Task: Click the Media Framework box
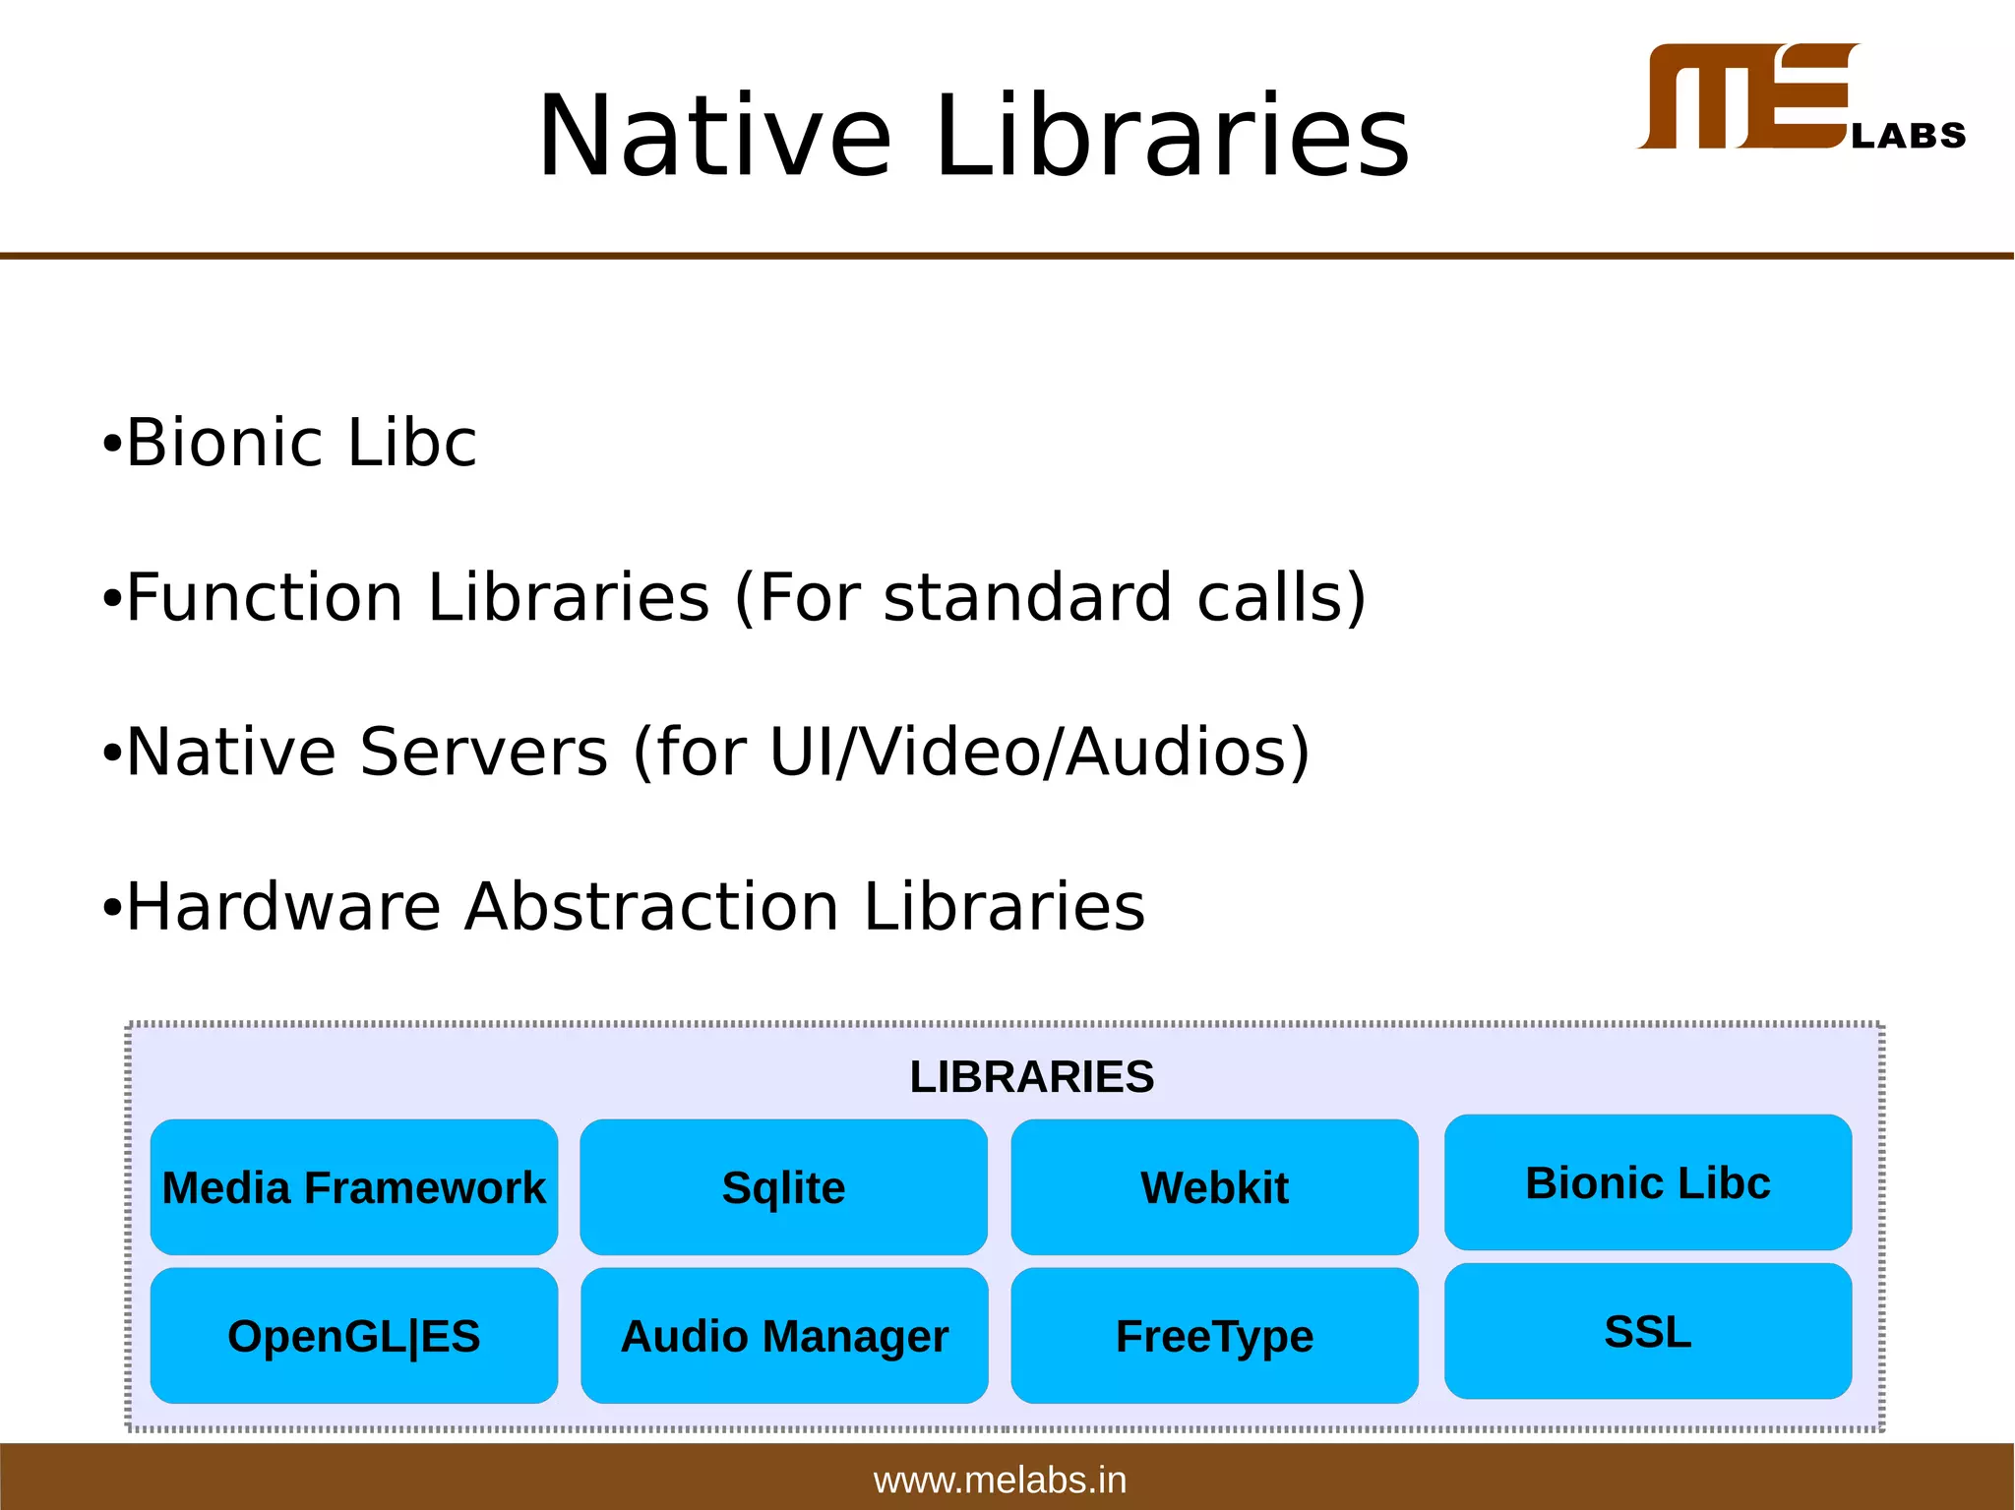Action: click(353, 1187)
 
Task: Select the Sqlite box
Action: click(783, 1187)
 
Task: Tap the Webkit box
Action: click(1214, 1187)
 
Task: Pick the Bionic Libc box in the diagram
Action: click(1648, 1182)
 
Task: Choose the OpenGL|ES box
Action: click(353, 1336)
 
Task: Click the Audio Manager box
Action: click(784, 1336)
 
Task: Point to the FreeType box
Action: click(1214, 1336)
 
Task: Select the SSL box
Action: click(1648, 1332)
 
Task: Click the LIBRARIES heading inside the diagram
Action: click(1031, 1076)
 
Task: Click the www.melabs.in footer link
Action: click(1000, 1480)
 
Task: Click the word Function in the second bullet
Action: click(265, 597)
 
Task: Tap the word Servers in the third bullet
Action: click(483, 752)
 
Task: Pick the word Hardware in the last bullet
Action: click(283, 906)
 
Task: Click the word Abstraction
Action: click(651, 906)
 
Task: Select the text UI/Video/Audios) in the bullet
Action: click(1039, 752)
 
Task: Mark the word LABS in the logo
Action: click(1908, 135)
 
